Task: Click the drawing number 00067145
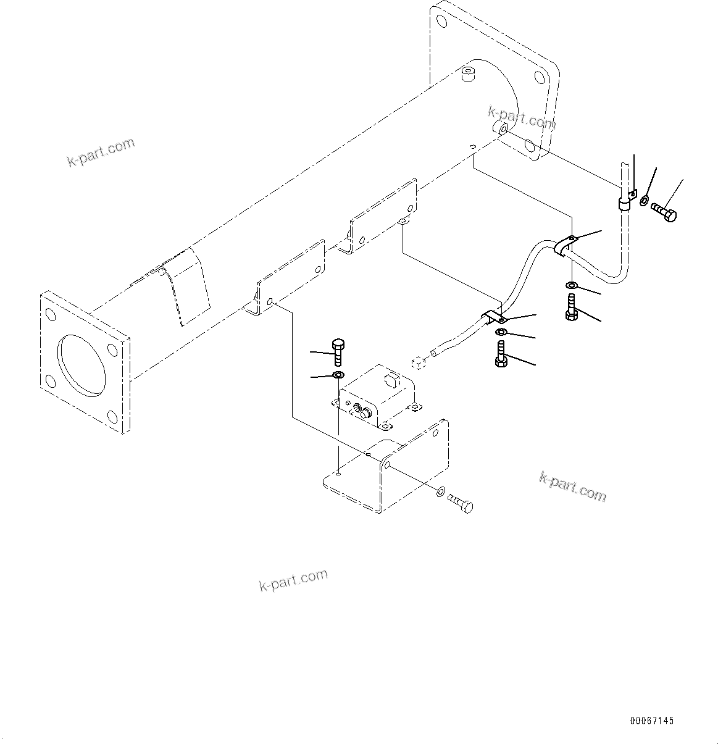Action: click(x=652, y=721)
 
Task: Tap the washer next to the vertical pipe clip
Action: click(x=645, y=201)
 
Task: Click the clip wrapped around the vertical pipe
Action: click(x=625, y=202)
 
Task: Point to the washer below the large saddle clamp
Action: click(x=572, y=285)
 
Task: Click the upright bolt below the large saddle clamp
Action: click(x=571, y=307)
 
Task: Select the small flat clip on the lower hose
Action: click(x=494, y=318)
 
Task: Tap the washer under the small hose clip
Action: click(x=501, y=333)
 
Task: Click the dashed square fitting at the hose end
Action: click(x=418, y=362)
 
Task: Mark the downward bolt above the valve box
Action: click(x=337, y=353)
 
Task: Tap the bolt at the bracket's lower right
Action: click(x=461, y=502)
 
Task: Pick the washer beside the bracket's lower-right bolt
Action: click(x=440, y=491)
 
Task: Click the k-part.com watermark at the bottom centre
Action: click(x=293, y=580)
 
